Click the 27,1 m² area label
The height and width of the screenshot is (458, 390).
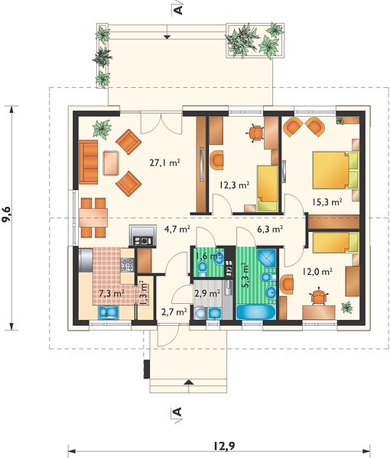pyautogui.click(x=164, y=163)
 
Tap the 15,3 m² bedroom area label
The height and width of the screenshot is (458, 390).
pyautogui.click(x=327, y=202)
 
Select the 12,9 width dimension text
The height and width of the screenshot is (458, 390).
pyautogui.click(x=224, y=446)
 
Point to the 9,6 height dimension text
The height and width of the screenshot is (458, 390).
pyautogui.click(x=6, y=214)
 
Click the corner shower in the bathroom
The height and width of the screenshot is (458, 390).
pyautogui.click(x=267, y=258)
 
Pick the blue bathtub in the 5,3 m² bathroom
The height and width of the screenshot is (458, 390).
pyautogui.click(x=255, y=312)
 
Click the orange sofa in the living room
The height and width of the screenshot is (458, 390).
pyautogui.click(x=88, y=162)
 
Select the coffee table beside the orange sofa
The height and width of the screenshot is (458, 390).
pyautogui.click(x=111, y=163)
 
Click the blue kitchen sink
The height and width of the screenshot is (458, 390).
pyautogui.click(x=109, y=312)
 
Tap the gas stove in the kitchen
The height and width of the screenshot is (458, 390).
pyautogui.click(x=127, y=265)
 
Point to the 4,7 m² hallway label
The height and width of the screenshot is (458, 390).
pyautogui.click(x=177, y=229)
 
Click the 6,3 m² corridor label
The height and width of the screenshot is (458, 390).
pyautogui.click(x=270, y=229)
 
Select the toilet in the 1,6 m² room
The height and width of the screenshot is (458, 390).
pyautogui.click(x=202, y=267)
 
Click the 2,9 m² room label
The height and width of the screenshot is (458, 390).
pyautogui.click(x=207, y=292)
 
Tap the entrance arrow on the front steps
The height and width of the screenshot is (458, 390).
pyautogui.click(x=189, y=382)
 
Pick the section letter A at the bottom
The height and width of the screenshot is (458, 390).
pyautogui.click(x=177, y=412)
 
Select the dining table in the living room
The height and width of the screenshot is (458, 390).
pyautogui.click(x=93, y=218)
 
